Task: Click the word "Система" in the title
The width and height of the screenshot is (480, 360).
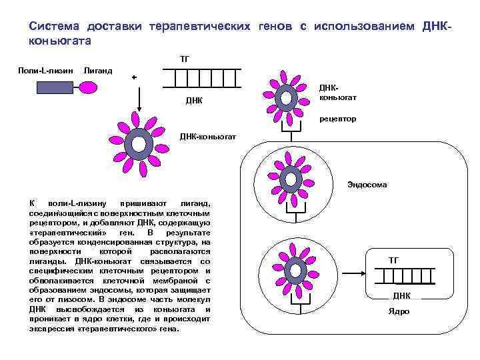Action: (x=54, y=26)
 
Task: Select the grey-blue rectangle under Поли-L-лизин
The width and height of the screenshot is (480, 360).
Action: (x=49, y=87)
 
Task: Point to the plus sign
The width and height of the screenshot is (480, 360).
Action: (x=134, y=77)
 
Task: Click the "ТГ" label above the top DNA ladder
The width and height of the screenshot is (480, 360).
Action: (x=185, y=59)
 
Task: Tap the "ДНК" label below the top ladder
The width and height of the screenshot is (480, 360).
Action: (x=193, y=101)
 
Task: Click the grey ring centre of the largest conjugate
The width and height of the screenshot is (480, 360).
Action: (x=139, y=144)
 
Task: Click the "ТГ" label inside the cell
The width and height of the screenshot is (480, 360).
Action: (x=393, y=260)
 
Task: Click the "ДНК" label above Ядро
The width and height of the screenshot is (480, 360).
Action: (x=401, y=295)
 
